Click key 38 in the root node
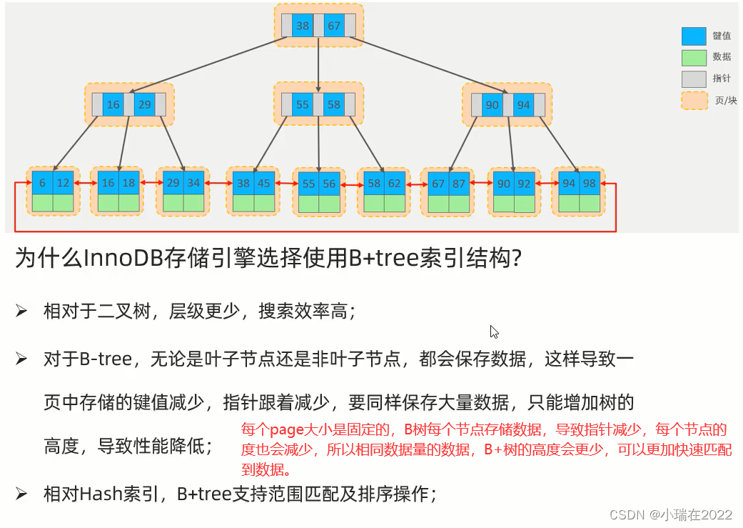[x=303, y=26]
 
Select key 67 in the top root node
[x=334, y=26]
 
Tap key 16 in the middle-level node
[x=113, y=105]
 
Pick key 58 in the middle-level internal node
[x=334, y=105]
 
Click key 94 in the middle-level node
[x=524, y=105]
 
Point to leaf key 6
[x=42, y=183]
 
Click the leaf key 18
[x=128, y=183]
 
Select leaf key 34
[x=193, y=183]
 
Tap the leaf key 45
[x=264, y=183]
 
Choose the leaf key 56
[x=329, y=184]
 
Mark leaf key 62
[x=395, y=184]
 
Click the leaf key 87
[x=459, y=184]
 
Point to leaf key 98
[x=590, y=184]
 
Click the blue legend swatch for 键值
[x=693, y=36]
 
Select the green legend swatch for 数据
[x=693, y=57]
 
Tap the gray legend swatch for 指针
[x=693, y=79]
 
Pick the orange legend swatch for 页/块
[x=693, y=101]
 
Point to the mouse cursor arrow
[x=494, y=332]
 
